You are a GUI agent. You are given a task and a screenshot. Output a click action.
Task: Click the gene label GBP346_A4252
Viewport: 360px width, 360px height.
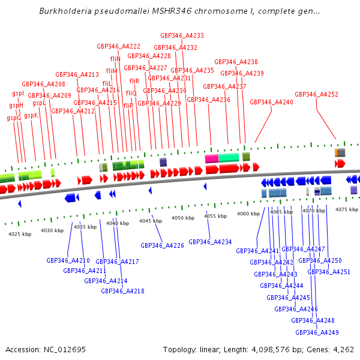tap(316, 94)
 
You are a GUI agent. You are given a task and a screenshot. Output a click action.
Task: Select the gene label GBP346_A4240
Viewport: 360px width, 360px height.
tap(271, 102)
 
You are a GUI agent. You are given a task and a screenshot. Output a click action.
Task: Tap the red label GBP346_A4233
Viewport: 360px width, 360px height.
tap(182, 36)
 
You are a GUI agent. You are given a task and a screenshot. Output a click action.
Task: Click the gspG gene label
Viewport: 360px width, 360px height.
tap(14, 118)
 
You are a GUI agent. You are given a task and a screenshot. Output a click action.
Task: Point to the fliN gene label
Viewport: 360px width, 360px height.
tap(115, 59)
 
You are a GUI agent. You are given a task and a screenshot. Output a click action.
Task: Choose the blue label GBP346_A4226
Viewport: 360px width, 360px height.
tap(162, 245)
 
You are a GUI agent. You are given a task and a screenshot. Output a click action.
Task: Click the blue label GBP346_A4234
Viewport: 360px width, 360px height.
tap(210, 242)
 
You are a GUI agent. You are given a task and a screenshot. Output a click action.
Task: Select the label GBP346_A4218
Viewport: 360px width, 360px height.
tap(122, 291)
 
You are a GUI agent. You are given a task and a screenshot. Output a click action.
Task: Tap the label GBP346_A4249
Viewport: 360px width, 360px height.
tap(317, 332)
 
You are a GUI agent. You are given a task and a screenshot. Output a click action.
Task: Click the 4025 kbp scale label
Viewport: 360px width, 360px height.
tap(20, 234)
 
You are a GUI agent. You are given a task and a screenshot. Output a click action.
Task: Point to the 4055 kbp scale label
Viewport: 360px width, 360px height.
tap(215, 216)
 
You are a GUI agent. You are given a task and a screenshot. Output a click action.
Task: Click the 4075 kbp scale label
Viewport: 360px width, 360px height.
tap(346, 209)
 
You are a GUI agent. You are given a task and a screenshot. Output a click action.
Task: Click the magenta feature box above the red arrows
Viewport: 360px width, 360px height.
tap(211, 158)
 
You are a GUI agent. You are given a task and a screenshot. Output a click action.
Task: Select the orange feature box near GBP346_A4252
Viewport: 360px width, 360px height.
tap(337, 152)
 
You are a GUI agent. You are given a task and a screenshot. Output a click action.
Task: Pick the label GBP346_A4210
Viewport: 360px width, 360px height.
tap(68, 260)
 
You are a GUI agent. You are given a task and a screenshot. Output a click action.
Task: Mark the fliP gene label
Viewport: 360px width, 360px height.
tap(128, 106)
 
